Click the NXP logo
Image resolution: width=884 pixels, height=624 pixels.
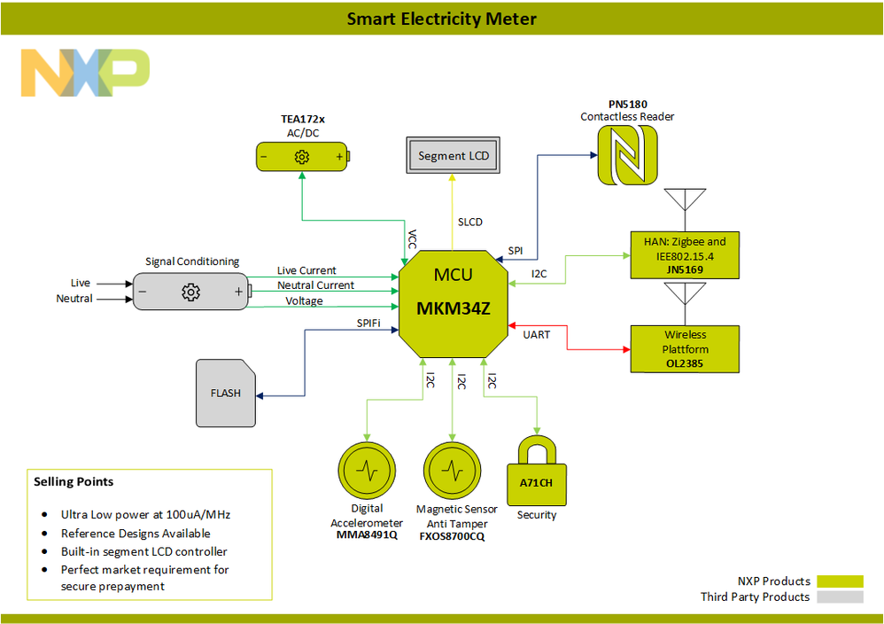[85, 73]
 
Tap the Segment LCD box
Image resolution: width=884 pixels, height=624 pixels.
[454, 156]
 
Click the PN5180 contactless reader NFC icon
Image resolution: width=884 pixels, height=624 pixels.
[625, 155]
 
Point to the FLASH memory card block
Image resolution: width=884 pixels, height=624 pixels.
[225, 393]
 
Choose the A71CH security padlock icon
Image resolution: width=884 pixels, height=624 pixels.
[536, 469]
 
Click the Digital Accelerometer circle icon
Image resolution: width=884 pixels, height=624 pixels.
[367, 470]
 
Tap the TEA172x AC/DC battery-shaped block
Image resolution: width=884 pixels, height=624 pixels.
[302, 157]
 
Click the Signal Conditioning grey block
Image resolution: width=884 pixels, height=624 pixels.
[190, 292]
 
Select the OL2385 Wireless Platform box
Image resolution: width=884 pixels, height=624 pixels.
[683, 348]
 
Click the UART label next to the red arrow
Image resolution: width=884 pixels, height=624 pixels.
[537, 334]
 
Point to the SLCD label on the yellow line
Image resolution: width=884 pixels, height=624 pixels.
[470, 222]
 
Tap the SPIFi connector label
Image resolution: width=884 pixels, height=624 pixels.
[368, 324]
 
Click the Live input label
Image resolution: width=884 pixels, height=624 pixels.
[81, 283]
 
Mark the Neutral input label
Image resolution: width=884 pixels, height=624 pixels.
[74, 299]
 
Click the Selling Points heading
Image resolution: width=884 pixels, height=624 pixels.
[74, 482]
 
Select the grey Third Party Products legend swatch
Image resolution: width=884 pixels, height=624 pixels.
[840, 597]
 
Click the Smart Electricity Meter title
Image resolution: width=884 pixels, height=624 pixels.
[441, 19]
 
